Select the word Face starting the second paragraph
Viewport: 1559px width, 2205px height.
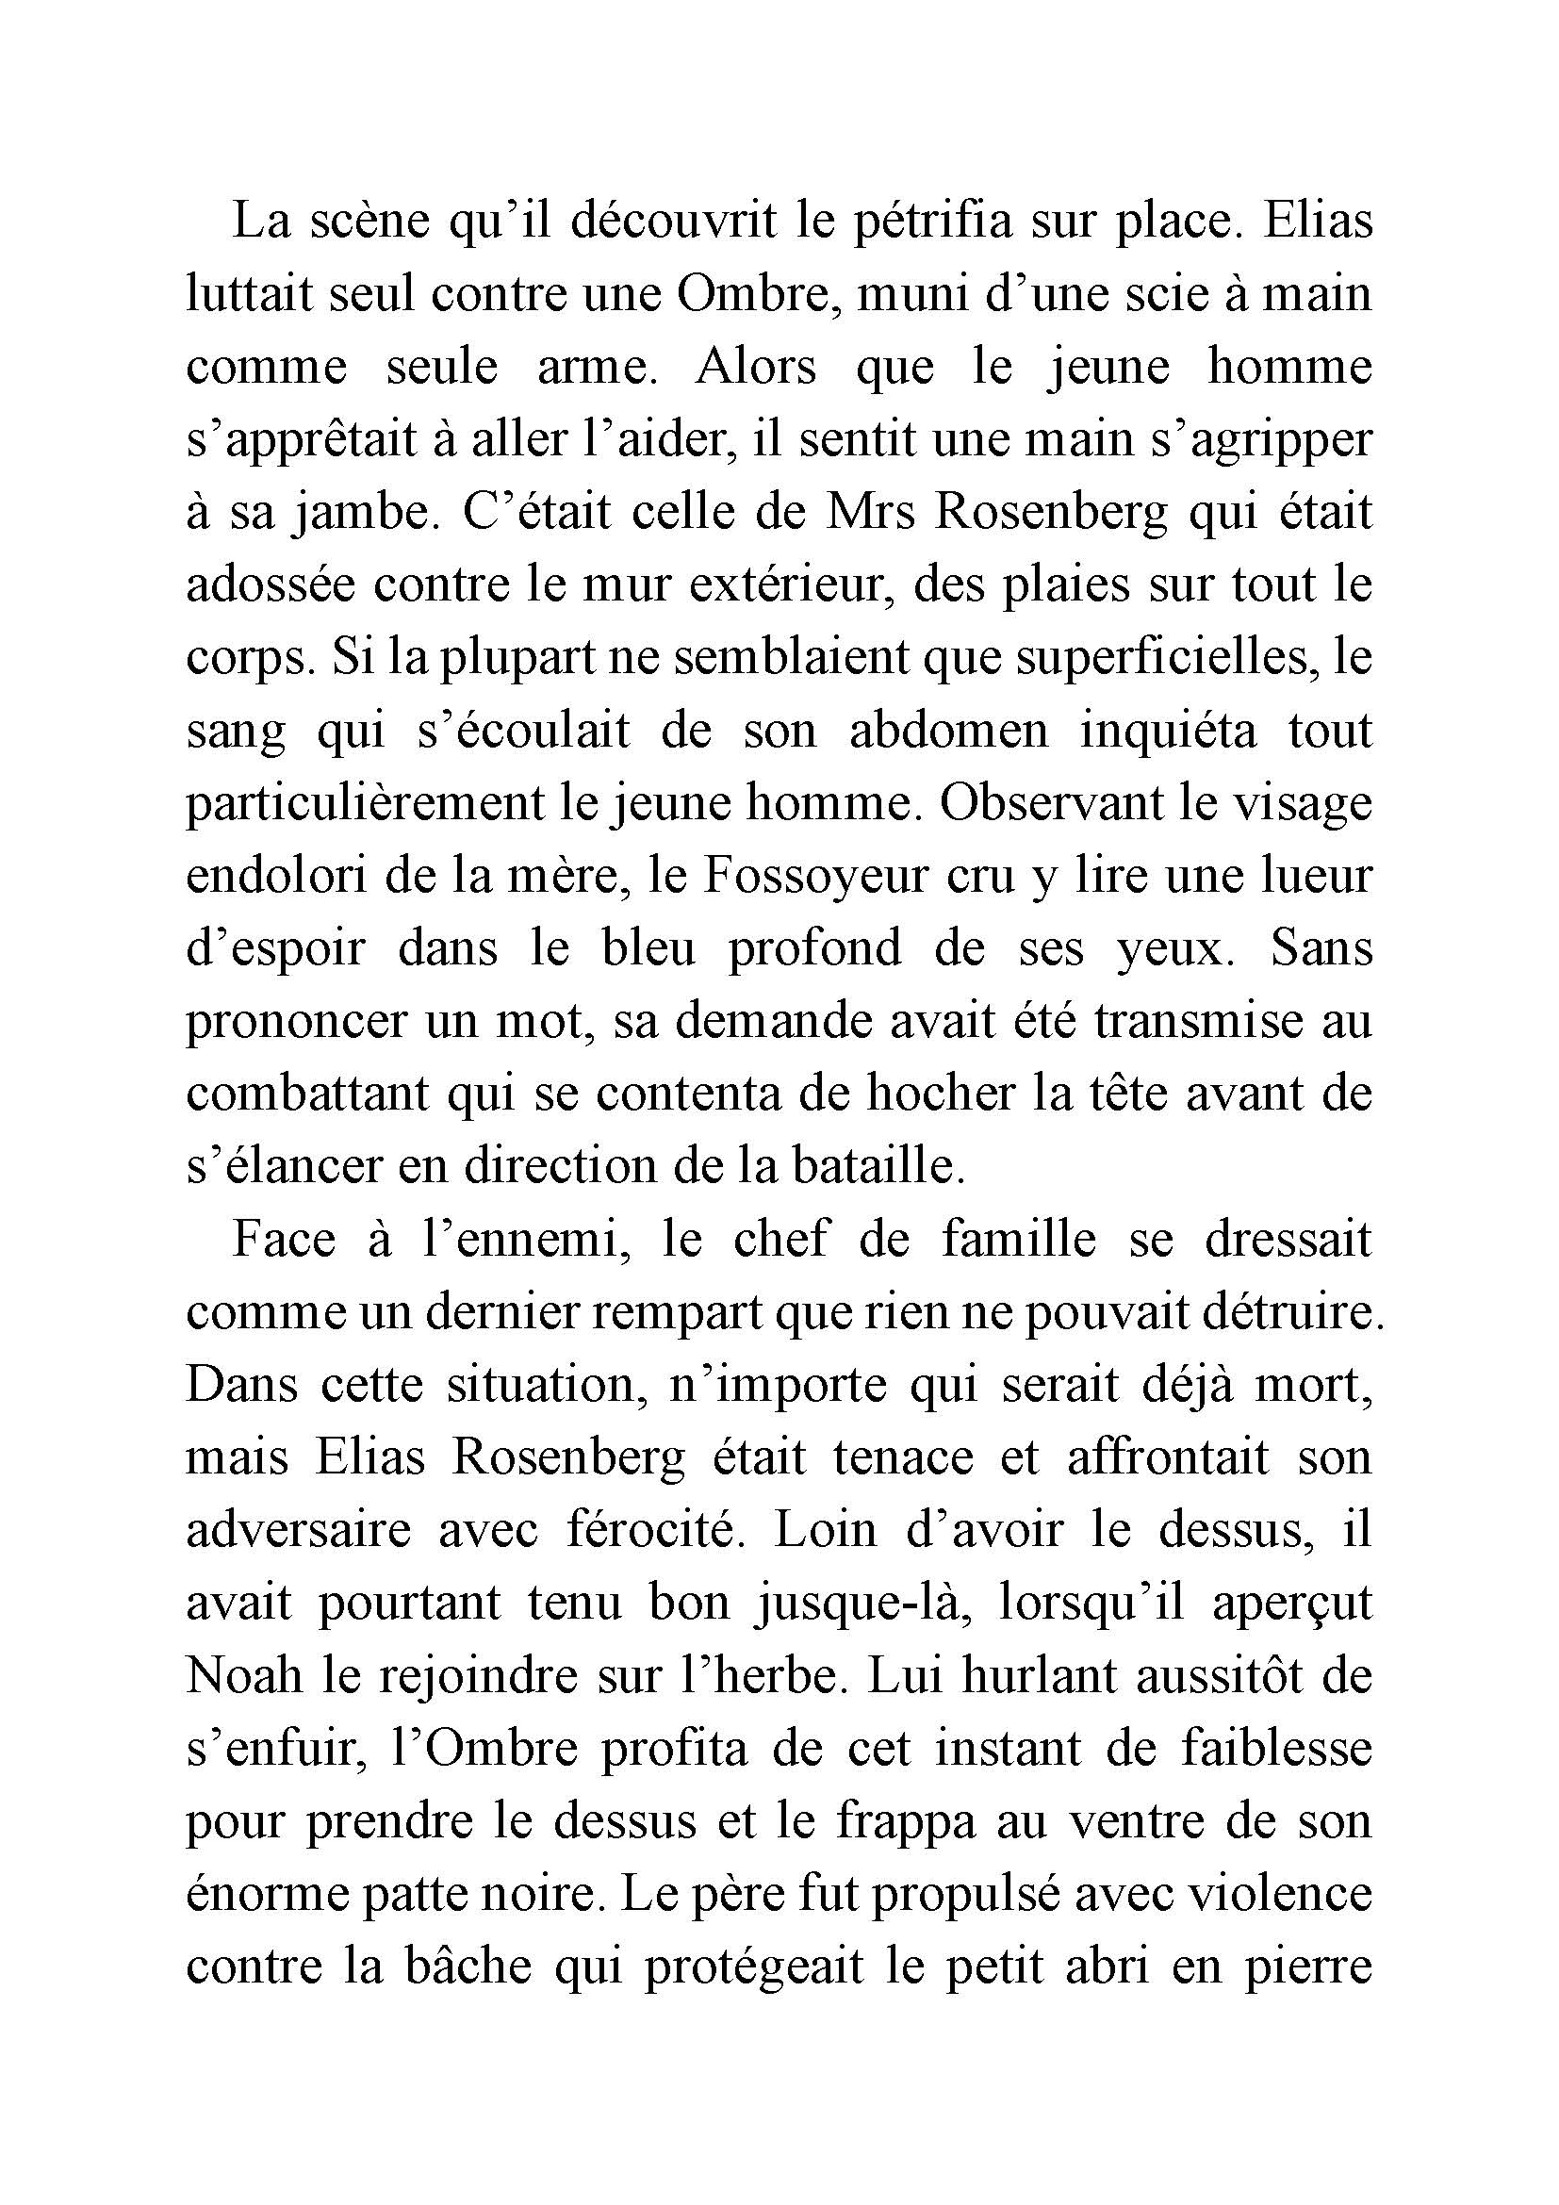[x=283, y=1239]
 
